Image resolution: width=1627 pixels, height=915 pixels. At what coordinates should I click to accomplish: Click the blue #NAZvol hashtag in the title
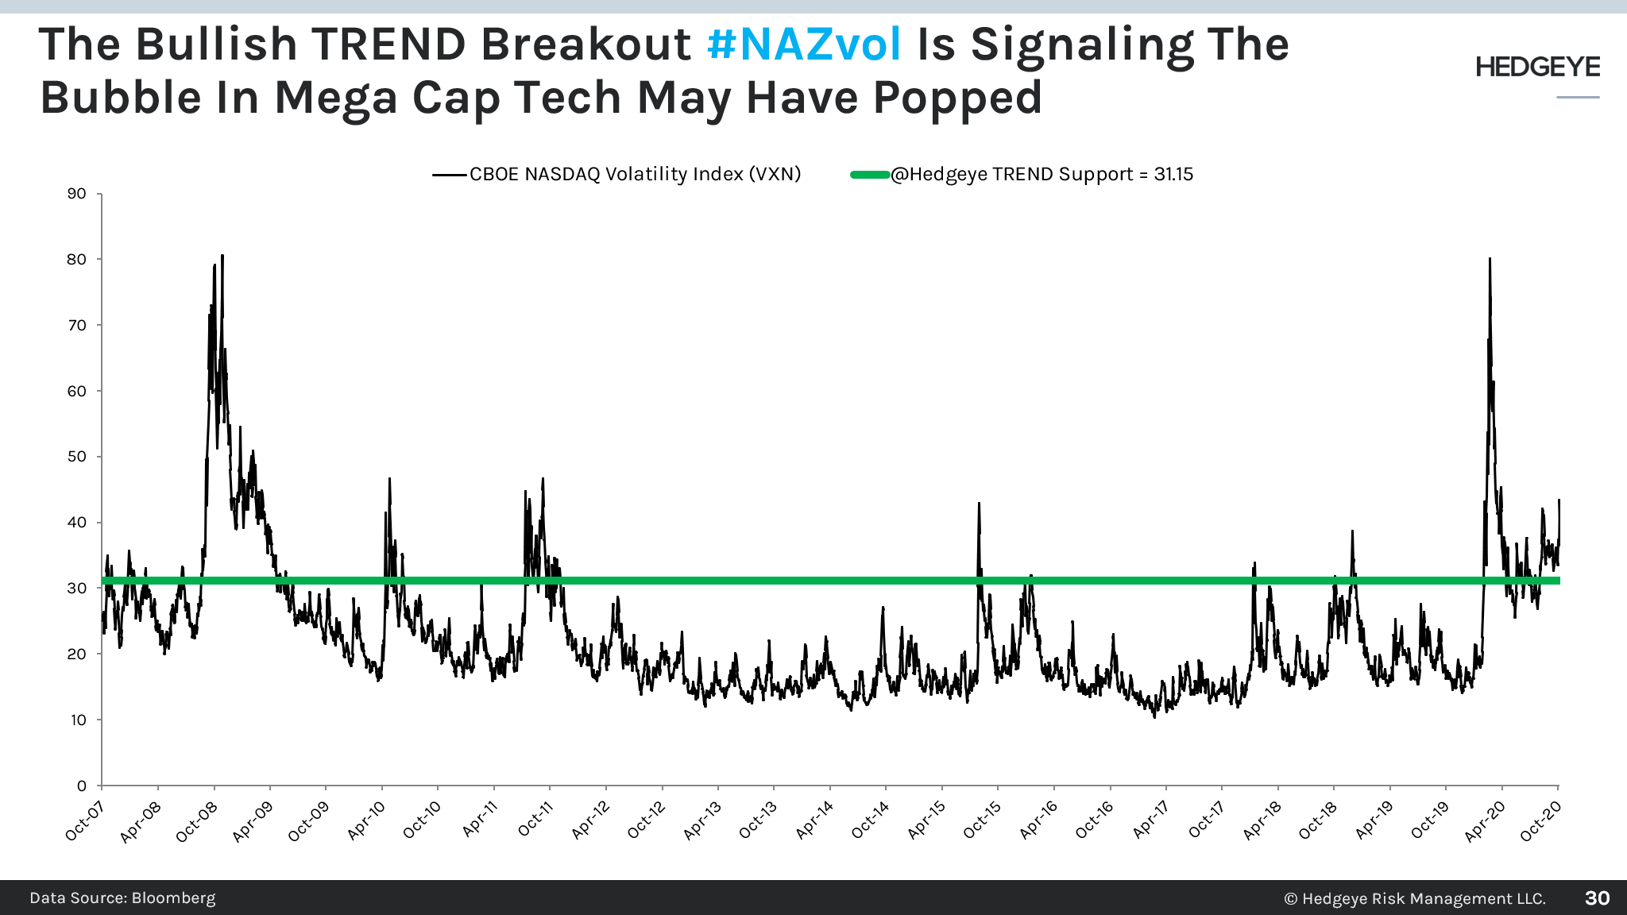click(x=804, y=44)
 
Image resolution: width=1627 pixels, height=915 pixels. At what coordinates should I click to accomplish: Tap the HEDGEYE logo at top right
click(x=1537, y=68)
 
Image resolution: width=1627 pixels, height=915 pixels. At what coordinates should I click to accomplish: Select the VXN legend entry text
click(x=635, y=174)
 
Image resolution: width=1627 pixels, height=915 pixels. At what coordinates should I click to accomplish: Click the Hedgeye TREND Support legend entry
click(x=1042, y=174)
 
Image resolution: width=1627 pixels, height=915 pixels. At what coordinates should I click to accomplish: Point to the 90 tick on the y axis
click(x=77, y=194)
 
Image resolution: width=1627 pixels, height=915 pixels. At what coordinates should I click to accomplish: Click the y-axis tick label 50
click(x=77, y=457)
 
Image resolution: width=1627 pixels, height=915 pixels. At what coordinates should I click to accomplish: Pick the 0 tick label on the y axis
click(x=81, y=786)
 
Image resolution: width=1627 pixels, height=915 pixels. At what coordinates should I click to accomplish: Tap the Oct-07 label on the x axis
click(x=84, y=821)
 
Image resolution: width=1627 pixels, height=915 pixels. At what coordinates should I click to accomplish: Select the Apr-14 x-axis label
click(x=815, y=821)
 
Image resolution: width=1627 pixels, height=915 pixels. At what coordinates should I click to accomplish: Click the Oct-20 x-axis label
click(x=1541, y=821)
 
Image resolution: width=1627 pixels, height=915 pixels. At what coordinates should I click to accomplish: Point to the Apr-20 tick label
click(x=1485, y=821)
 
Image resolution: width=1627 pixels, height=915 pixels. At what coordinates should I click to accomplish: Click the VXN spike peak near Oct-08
click(x=222, y=256)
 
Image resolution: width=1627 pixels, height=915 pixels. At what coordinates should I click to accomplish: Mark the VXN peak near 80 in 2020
click(x=1490, y=259)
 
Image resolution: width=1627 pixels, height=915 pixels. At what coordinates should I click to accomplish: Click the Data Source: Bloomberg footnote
click(x=122, y=898)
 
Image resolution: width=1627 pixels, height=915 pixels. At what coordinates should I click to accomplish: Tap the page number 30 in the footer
click(x=1597, y=898)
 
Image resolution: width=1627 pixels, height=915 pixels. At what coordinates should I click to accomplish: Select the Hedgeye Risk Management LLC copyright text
click(x=1415, y=899)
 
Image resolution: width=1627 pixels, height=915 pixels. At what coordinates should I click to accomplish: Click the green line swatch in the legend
click(x=869, y=175)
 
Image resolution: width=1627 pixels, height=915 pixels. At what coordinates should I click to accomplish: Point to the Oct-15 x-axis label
click(x=983, y=821)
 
